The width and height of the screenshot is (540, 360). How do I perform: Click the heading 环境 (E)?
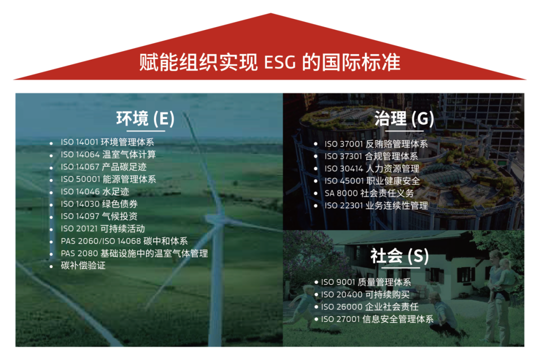145,119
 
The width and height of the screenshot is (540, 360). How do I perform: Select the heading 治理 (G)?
403,119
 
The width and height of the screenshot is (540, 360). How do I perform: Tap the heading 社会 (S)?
399,256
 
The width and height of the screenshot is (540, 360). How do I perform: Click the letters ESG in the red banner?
279,62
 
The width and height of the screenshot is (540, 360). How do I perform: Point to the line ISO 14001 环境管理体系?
107,142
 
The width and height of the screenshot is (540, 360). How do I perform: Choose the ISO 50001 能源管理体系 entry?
108,179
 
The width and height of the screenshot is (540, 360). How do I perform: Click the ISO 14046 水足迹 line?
94,191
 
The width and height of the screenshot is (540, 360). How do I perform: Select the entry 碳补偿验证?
83,265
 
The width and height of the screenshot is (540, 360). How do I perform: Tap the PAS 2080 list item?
134,253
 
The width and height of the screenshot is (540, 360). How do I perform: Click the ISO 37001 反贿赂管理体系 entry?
376,144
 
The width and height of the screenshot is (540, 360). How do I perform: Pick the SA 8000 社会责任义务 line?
369,193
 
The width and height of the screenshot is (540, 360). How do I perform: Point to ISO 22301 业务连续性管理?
376,205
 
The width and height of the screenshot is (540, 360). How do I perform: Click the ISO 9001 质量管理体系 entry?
366,282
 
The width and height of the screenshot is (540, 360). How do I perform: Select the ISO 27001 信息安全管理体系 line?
377,319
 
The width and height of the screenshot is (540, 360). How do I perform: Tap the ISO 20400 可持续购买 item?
365,294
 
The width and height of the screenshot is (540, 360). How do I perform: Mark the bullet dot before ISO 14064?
51,155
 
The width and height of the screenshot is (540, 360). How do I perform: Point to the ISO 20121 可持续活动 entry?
102,228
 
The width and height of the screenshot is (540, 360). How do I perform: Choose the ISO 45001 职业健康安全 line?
372,181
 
